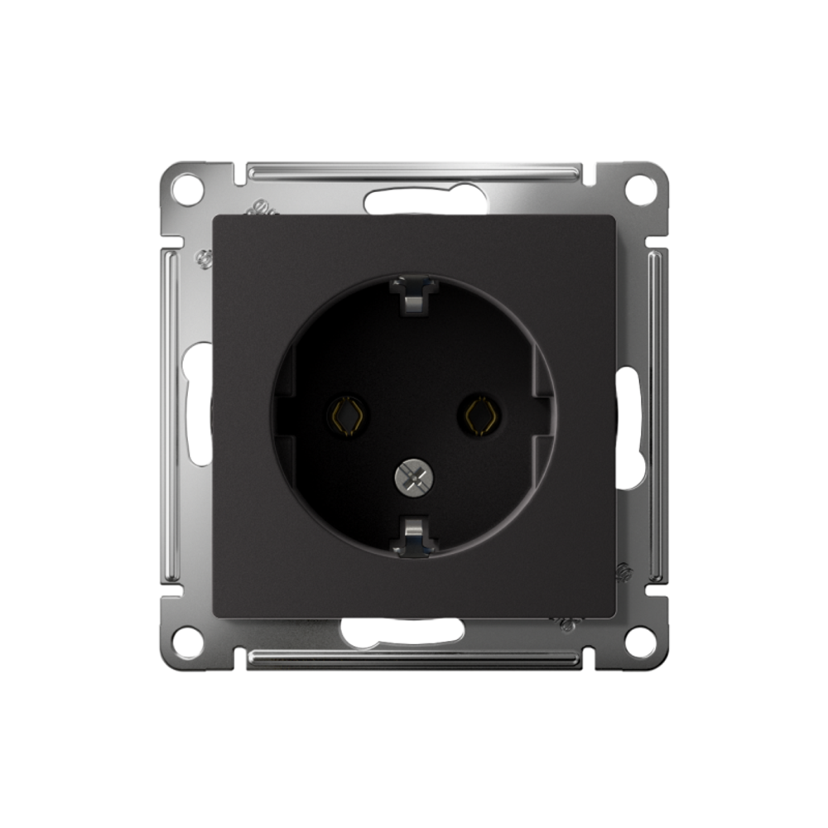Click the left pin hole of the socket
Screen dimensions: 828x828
347,415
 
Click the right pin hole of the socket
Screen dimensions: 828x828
481,415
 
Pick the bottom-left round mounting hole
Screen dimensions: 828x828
187,639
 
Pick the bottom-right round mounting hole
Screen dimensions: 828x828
640,639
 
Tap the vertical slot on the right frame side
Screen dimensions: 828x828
629,426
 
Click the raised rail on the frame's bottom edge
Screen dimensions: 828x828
414,657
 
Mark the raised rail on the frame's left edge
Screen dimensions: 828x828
171,414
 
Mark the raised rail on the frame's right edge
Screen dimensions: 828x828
656,414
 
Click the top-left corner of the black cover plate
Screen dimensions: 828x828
215,218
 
